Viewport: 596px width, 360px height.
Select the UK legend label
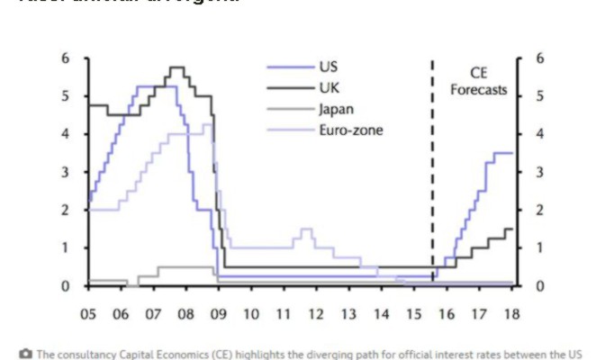click(329, 87)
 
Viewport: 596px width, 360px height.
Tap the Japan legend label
click(335, 109)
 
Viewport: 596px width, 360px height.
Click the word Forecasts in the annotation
click(479, 90)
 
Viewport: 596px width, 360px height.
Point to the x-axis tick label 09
click(218, 314)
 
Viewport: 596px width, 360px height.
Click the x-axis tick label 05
click(88, 314)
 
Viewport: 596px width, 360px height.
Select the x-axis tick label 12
click(316, 314)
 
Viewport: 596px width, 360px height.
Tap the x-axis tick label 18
click(511, 314)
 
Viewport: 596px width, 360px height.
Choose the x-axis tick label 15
click(413, 314)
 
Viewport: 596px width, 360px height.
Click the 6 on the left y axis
click(65, 58)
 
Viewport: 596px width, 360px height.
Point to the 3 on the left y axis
click(65, 172)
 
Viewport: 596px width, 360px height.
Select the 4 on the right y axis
click(540, 134)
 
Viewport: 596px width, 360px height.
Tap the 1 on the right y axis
click(540, 247)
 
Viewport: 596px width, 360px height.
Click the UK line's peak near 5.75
click(176, 67)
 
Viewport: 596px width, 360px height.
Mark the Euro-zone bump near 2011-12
click(306, 229)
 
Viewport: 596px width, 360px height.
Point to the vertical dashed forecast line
click(433, 180)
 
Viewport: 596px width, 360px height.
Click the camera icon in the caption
click(24, 354)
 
